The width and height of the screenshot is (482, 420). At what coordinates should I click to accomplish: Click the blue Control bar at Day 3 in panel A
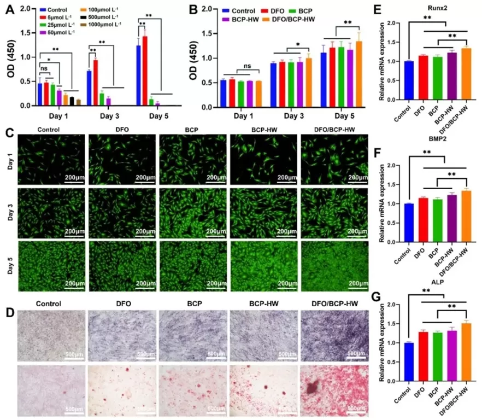[x=89, y=87]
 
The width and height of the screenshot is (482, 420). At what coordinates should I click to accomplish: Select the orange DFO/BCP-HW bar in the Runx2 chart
[x=466, y=74]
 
